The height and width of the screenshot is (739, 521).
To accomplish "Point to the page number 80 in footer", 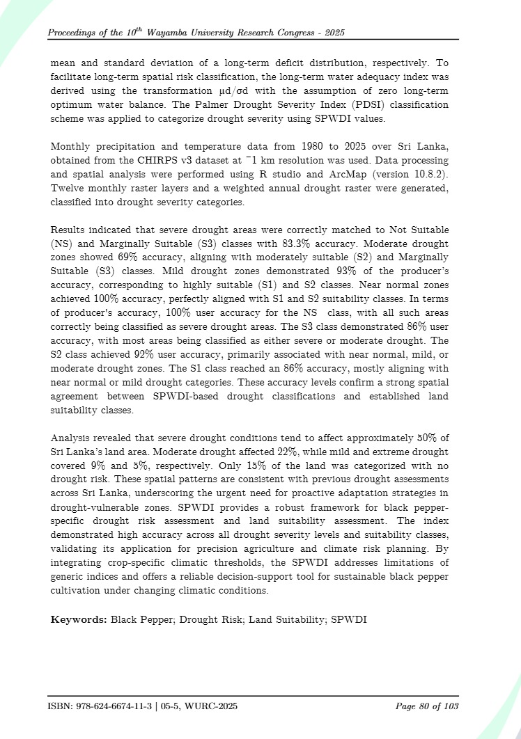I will point(424,706).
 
